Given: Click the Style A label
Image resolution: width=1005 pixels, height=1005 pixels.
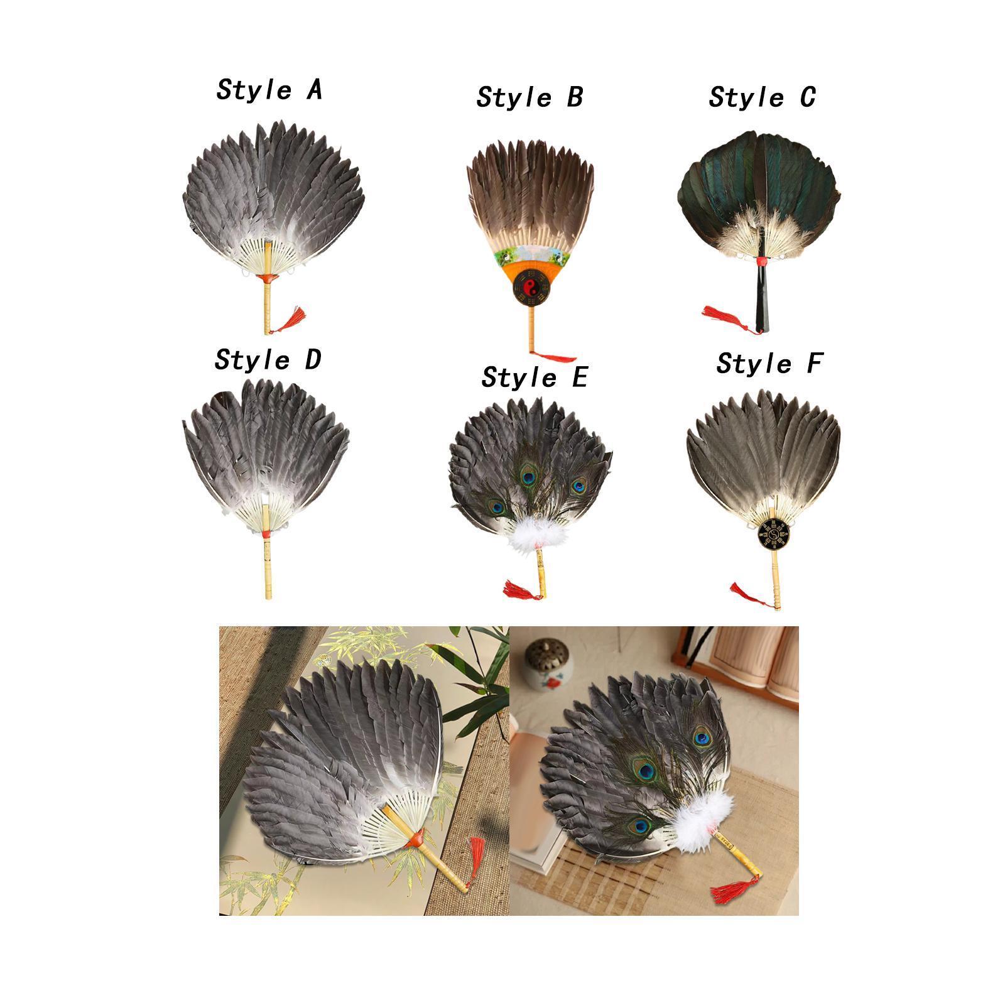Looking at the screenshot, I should click(x=269, y=90).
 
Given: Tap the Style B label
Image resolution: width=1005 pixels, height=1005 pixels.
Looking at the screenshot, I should click(x=530, y=97).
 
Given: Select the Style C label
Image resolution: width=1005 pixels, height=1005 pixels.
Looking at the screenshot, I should click(x=762, y=97).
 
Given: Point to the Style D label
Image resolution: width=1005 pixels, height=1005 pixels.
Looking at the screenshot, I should click(x=268, y=360).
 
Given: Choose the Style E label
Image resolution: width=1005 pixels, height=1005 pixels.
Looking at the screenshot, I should click(x=534, y=378).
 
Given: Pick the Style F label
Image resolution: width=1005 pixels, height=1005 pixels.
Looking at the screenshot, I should click(x=769, y=364).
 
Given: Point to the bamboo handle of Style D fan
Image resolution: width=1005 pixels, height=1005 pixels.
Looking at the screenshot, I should click(x=268, y=565).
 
